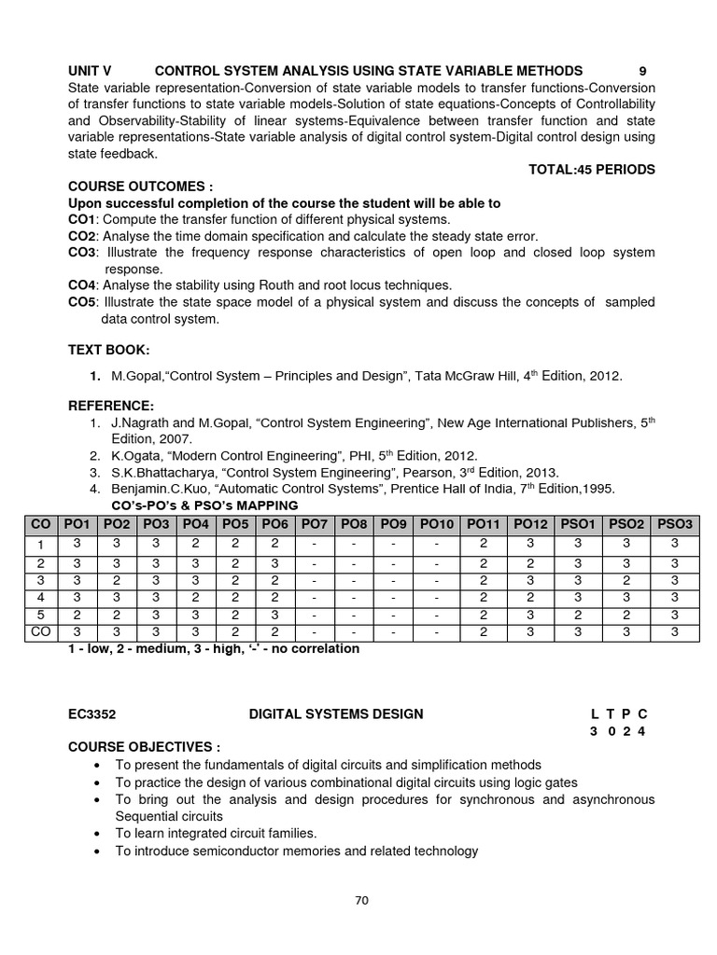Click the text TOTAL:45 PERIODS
(x=592, y=170)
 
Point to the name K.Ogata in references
(x=135, y=455)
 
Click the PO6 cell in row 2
(x=278, y=563)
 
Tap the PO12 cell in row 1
(x=530, y=544)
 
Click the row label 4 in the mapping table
(x=41, y=598)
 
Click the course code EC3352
(x=91, y=714)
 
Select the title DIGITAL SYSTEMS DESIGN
(x=335, y=714)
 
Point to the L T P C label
(x=618, y=714)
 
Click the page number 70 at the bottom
(x=362, y=900)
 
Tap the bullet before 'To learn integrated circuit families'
(x=99, y=833)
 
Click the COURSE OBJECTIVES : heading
(x=144, y=747)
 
